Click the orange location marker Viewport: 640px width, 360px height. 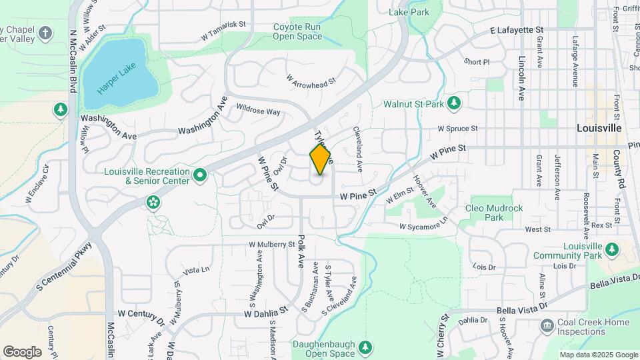click(x=321, y=159)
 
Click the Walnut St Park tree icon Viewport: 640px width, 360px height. click(x=454, y=103)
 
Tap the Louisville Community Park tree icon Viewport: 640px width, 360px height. click(x=611, y=250)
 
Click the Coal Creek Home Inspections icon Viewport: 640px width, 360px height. click(x=547, y=326)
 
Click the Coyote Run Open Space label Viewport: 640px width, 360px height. click(x=297, y=31)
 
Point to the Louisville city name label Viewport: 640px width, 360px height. click(x=599, y=127)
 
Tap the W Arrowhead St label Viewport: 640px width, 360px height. click(x=311, y=80)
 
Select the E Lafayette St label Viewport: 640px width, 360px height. click(x=517, y=31)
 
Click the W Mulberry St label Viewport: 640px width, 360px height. click(x=272, y=245)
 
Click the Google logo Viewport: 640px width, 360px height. click(x=22, y=351)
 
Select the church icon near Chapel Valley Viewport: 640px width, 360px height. click(x=45, y=33)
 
